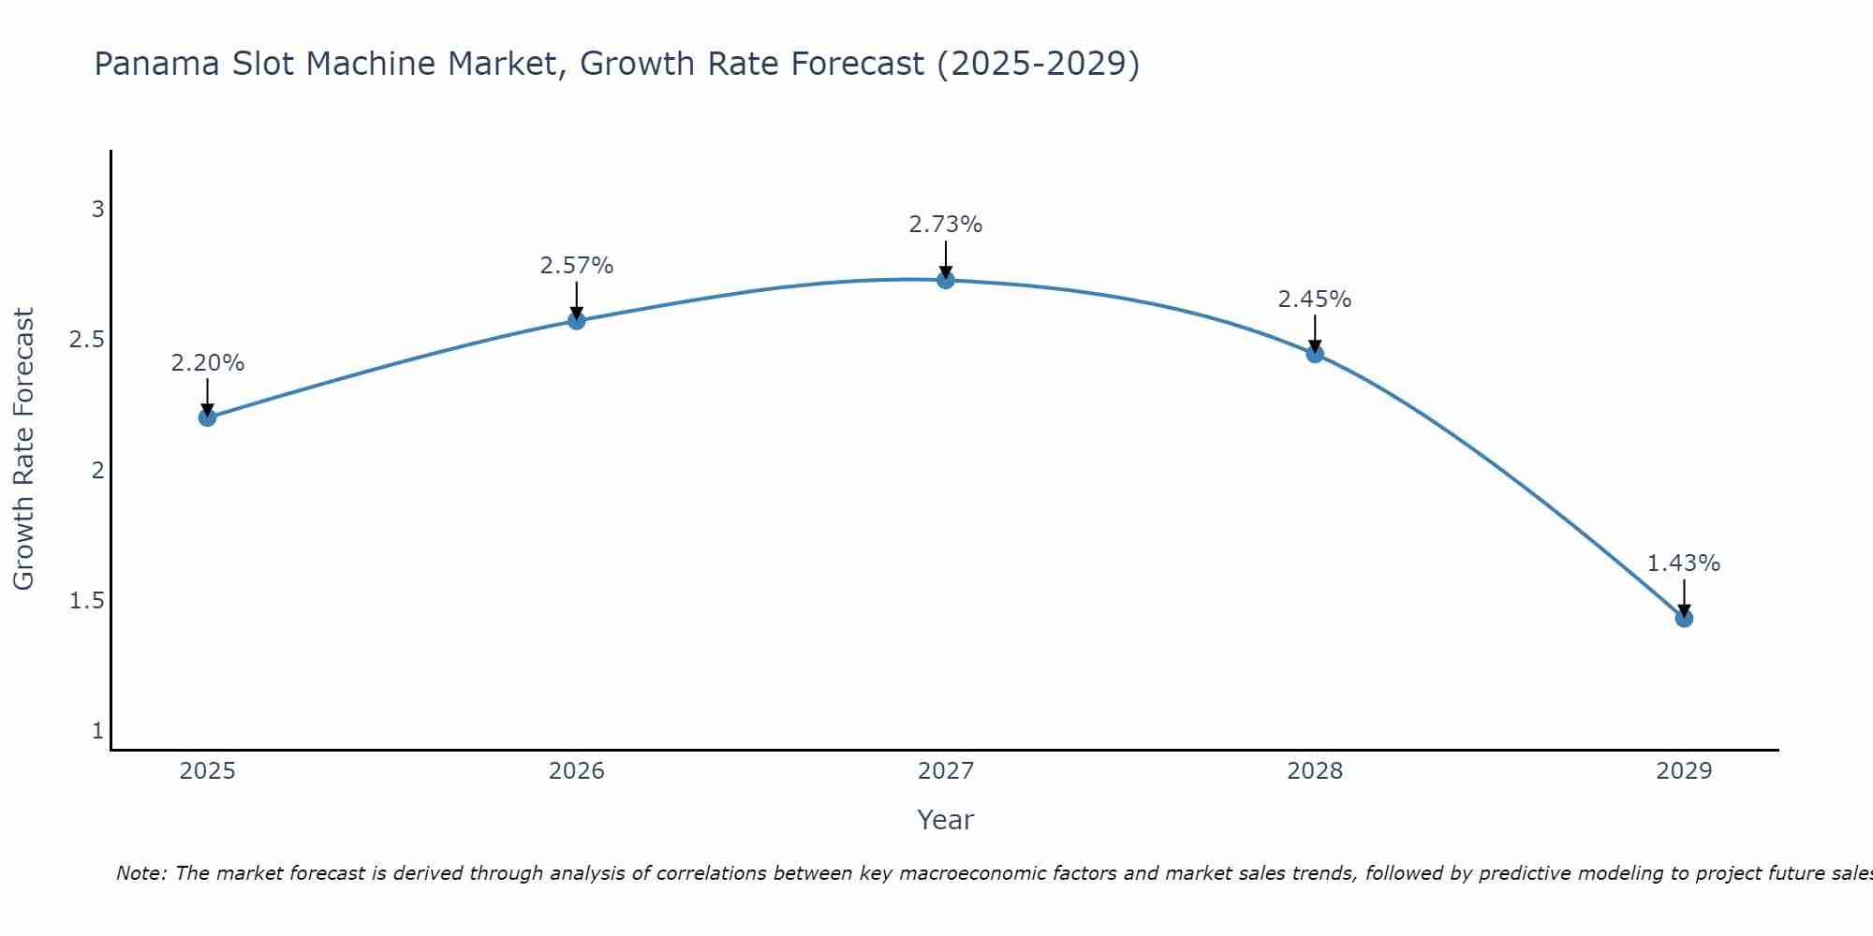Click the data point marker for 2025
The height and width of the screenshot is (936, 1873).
coord(207,417)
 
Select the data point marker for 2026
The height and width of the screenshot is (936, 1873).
coord(577,321)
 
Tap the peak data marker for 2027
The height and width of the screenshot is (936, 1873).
coord(946,280)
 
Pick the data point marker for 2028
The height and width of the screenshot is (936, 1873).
coord(1315,354)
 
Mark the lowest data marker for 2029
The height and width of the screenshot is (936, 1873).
coord(1684,619)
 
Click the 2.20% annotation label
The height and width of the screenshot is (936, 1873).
coord(207,363)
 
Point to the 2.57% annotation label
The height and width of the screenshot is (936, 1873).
coord(577,266)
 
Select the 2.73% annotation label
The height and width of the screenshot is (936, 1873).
coord(946,225)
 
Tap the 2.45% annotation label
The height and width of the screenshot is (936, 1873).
coord(1315,300)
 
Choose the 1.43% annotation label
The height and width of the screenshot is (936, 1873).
coord(1684,563)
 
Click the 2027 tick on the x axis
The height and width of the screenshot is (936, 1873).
coord(946,771)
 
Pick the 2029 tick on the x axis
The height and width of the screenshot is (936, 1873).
coord(1684,771)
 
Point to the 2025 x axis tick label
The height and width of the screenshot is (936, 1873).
coord(207,771)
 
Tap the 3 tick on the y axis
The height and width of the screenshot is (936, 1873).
coord(97,210)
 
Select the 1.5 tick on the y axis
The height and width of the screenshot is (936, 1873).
coord(86,601)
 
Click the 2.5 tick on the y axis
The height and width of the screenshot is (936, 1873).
coord(86,340)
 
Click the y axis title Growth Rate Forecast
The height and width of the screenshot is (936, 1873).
coord(23,449)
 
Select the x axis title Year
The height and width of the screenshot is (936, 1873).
coord(946,820)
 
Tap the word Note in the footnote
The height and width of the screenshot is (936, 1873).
coord(140,873)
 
